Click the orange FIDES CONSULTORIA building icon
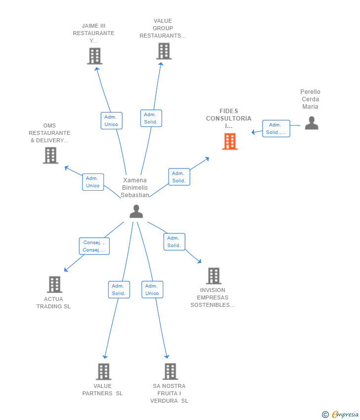click(230, 141)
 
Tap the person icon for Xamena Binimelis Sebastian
click(136, 211)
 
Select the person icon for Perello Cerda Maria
click(312, 123)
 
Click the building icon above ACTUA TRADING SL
click(55, 284)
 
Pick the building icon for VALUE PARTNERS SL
click(104, 372)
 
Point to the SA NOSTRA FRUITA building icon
click(170, 371)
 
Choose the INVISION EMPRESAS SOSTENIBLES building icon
click(214, 276)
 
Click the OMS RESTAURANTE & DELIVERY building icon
click(50, 155)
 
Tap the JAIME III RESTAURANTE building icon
click(94, 56)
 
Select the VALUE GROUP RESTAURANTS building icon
click(164, 51)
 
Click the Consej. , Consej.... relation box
click(94, 246)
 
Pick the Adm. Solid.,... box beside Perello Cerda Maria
click(276, 128)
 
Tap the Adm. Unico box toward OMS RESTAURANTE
click(93, 182)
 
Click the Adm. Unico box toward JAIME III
click(112, 121)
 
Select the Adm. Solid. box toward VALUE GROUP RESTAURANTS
click(151, 118)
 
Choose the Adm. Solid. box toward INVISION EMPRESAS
click(174, 242)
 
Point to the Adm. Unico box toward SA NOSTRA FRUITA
click(152, 289)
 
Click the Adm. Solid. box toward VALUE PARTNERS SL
click(119, 290)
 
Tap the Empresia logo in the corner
click(340, 414)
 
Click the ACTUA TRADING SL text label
click(53, 303)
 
